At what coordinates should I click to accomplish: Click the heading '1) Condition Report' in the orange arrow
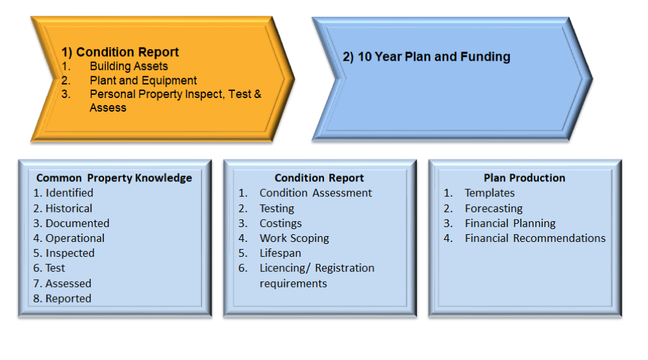coord(120,52)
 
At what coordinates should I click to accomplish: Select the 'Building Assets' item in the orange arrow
coord(129,66)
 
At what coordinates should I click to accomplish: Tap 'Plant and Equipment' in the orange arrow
coord(143,80)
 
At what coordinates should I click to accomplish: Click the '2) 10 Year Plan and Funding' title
coord(426,57)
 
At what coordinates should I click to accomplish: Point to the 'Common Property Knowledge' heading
coord(114,177)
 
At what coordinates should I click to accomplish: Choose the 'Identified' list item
coord(69,193)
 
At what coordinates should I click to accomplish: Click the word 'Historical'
coord(68,208)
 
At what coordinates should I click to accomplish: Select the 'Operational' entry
coord(75,238)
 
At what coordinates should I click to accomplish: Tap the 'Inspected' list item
coord(70,253)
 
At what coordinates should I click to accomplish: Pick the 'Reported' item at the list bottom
coord(68,299)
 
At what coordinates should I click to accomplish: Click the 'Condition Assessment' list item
coord(316,193)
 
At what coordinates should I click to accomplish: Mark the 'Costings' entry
coord(281,223)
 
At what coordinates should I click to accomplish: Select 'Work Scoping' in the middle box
coord(294,238)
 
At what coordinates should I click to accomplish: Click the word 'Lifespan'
coord(280,253)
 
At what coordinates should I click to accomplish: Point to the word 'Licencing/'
coord(285,268)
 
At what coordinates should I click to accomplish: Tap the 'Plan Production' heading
coord(525,177)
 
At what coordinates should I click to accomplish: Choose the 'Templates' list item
coord(490,193)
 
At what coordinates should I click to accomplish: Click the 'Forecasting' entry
coord(494,208)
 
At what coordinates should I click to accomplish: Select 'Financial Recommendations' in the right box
coord(535,238)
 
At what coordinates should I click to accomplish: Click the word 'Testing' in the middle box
coord(277,208)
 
